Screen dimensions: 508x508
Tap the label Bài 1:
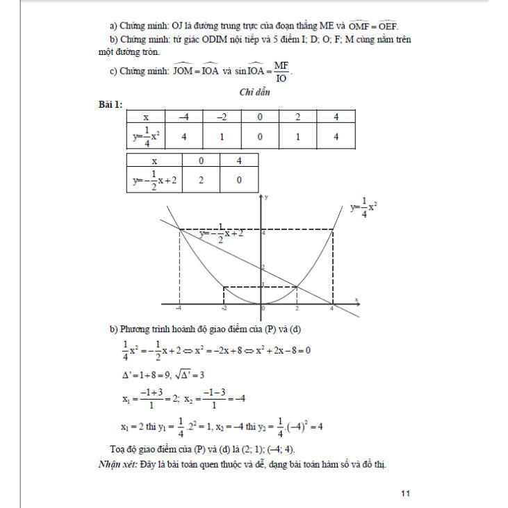pyautogui.click(x=110, y=104)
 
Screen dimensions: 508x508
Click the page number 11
pyautogui.click(x=407, y=493)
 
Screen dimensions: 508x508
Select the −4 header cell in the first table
pyautogui.click(x=184, y=117)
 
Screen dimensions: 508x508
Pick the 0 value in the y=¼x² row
pyautogui.click(x=260, y=136)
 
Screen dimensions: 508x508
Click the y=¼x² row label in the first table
pyautogui.click(x=146, y=136)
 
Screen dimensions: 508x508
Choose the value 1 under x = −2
pyautogui.click(x=222, y=136)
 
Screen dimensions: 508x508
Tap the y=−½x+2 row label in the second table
pyautogui.click(x=154, y=181)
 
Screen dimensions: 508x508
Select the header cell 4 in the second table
pyautogui.click(x=239, y=161)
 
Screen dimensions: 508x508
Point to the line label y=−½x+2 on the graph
pyautogui.click(x=221, y=234)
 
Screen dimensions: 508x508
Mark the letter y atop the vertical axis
pyautogui.click(x=266, y=198)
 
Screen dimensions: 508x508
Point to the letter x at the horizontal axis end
pyautogui.click(x=357, y=300)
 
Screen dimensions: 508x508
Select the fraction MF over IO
pyautogui.click(x=281, y=71)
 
